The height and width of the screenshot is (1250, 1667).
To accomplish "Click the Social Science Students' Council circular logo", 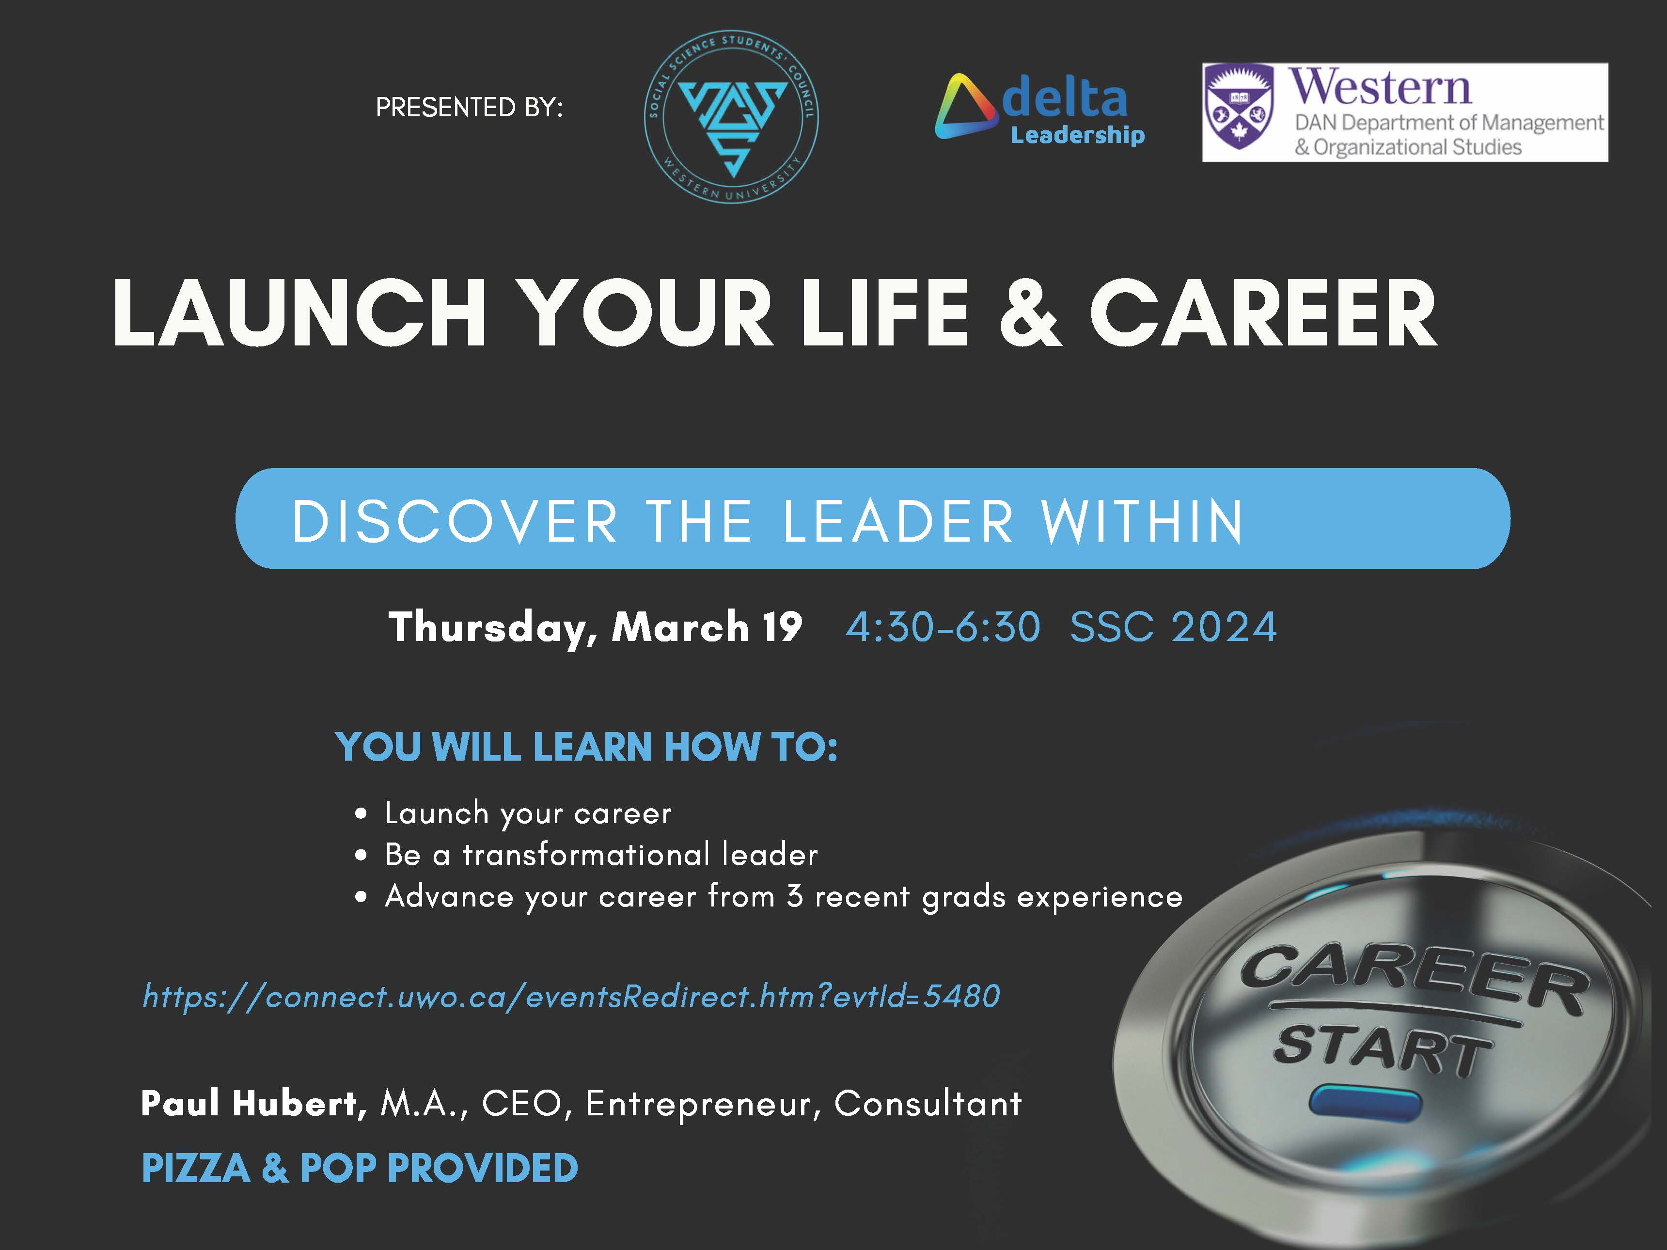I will coord(731,117).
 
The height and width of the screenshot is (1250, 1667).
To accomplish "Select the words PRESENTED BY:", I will coord(469,108).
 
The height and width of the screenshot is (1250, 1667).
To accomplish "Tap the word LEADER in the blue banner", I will coord(898,521).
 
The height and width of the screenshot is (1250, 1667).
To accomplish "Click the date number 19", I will coord(782,627).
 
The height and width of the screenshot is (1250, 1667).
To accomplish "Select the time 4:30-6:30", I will coord(943,627).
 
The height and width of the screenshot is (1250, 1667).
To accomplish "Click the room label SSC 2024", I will coord(1173,627).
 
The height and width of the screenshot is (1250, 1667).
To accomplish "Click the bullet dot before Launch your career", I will coord(362,814).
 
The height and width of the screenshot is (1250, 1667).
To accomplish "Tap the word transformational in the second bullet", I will coord(586,855).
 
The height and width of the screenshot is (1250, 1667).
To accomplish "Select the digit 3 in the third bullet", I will coord(794,897).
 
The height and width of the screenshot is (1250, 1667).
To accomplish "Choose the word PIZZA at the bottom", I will coord(196,1169).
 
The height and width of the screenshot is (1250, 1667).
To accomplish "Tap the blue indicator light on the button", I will coord(1365,1102).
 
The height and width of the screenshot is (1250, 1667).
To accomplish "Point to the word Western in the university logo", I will coord(1379,87).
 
